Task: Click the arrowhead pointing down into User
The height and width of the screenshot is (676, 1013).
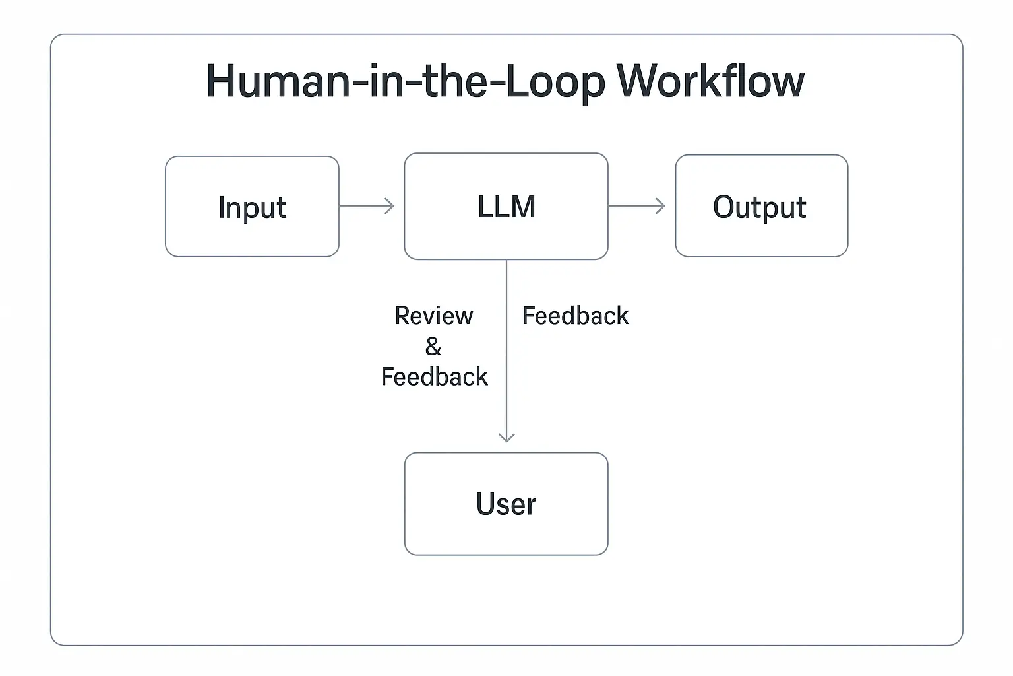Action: (x=506, y=437)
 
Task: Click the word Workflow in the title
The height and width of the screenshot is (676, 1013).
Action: (x=710, y=82)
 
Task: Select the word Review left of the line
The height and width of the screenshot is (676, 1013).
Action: (x=433, y=316)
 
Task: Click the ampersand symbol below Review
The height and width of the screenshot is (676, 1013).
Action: (x=433, y=346)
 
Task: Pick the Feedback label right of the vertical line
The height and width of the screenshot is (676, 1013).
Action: (x=575, y=316)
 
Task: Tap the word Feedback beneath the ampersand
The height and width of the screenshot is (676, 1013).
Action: (x=434, y=377)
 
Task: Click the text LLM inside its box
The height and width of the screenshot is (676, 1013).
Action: (x=506, y=207)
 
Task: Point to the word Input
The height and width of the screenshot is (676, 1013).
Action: (x=252, y=208)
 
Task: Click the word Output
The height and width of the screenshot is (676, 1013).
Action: (x=759, y=207)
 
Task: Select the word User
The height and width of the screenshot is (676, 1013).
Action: (x=506, y=504)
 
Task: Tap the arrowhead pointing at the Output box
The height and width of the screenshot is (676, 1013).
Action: (x=660, y=206)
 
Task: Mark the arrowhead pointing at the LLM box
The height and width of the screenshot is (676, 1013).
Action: (x=390, y=206)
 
